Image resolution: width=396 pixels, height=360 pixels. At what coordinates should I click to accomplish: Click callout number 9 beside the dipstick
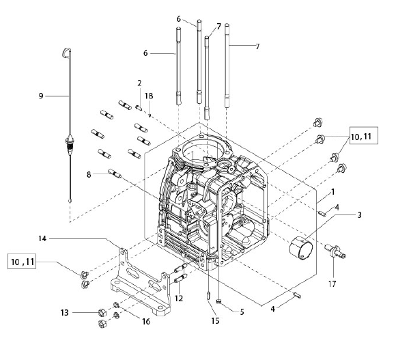tap(41, 96)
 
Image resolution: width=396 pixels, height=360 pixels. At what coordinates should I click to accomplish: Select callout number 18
tap(149, 96)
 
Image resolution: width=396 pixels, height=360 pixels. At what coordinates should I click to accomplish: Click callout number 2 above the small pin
tap(139, 83)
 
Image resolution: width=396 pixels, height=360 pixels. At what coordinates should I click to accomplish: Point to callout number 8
tap(89, 174)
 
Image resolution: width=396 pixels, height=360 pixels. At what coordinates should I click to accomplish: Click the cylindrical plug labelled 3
tap(301, 248)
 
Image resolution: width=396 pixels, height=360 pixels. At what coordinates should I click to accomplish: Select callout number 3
tap(360, 215)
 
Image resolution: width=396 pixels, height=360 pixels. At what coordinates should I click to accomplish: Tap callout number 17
tap(332, 284)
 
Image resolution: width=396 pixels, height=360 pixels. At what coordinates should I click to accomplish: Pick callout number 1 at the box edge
tap(333, 192)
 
